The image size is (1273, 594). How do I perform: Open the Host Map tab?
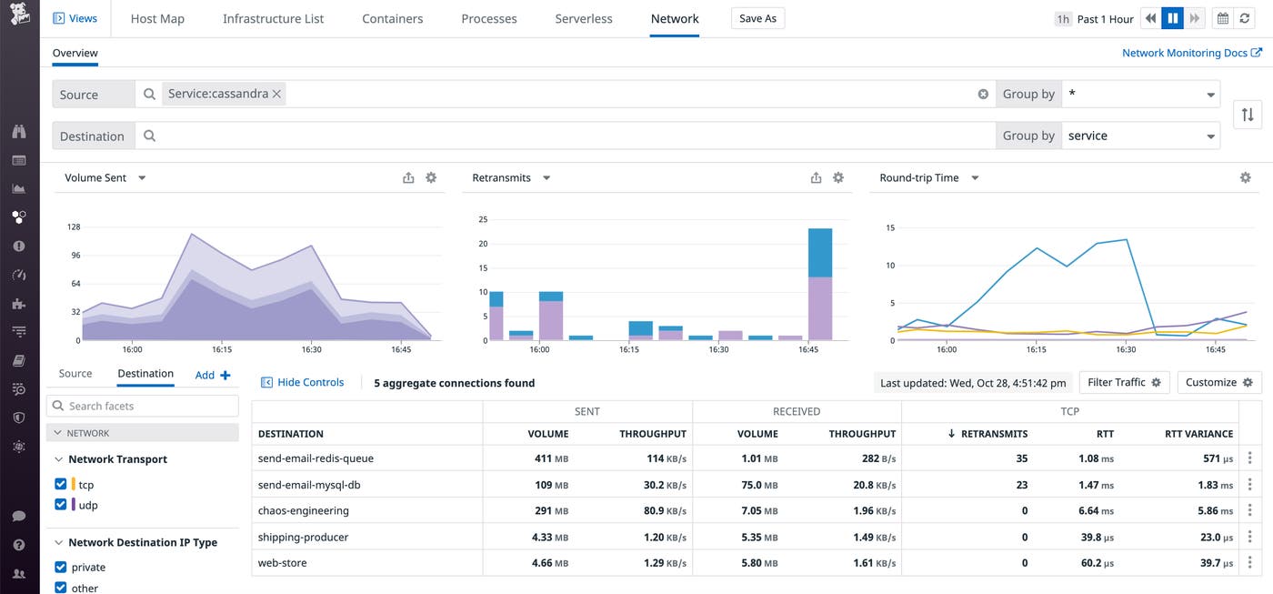pos(157,18)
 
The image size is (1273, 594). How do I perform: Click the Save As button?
pos(757,18)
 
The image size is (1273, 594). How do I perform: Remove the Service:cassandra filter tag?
pos(276,94)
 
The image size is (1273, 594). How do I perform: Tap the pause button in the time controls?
pos(1173,18)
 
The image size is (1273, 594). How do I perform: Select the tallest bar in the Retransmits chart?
pos(820,284)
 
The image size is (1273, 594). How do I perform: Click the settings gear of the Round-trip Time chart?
pos(1246,178)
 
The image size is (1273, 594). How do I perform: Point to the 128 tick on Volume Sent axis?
pos(74,227)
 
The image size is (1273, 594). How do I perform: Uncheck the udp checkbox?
pos(61,505)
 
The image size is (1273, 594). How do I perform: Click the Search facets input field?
pos(143,406)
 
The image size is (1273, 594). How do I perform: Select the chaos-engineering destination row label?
pos(303,511)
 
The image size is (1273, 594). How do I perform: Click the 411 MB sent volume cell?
pos(551,458)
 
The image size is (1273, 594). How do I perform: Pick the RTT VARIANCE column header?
pos(1198,434)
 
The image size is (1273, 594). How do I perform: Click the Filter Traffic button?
pos(1123,383)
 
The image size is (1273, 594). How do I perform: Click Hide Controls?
pos(303,383)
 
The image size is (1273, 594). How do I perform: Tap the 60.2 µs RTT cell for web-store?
pos(1094,563)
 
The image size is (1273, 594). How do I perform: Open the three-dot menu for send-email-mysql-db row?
pos(1250,485)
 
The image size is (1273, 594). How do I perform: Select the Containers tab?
pos(392,18)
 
